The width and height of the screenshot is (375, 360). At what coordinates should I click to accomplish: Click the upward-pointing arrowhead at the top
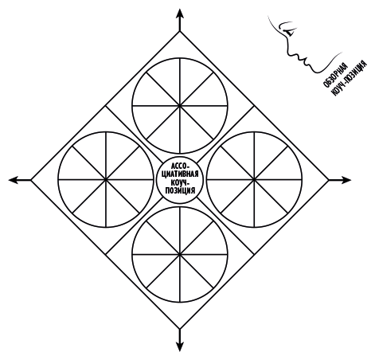pyautogui.click(x=180, y=14)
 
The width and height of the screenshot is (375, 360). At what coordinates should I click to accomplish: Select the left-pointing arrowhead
pyautogui.click(x=14, y=180)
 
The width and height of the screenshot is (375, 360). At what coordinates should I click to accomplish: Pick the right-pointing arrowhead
pyautogui.click(x=346, y=180)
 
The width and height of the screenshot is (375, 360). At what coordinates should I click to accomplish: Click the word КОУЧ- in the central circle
pyautogui.click(x=180, y=183)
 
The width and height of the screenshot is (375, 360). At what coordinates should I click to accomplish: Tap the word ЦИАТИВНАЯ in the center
pyautogui.click(x=180, y=174)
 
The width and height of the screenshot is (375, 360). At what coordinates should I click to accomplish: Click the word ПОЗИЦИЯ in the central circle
pyautogui.click(x=180, y=191)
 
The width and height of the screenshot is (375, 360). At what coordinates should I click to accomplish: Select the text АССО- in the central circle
pyautogui.click(x=180, y=166)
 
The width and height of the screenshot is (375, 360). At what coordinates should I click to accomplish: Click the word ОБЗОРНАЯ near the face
pyautogui.click(x=335, y=75)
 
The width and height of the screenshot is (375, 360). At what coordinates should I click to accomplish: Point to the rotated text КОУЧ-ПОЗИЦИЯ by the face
pyautogui.click(x=349, y=78)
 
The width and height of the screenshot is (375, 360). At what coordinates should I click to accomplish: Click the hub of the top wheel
pyautogui.click(x=180, y=106)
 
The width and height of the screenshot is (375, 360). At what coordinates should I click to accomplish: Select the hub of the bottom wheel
pyautogui.click(x=180, y=254)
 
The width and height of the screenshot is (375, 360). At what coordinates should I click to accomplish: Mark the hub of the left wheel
pyautogui.click(x=106, y=180)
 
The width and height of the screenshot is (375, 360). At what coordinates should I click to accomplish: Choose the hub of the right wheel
pyautogui.click(x=254, y=180)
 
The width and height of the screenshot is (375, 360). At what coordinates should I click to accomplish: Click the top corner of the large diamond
pyautogui.click(x=180, y=32)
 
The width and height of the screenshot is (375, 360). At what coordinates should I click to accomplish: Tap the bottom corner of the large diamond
pyautogui.click(x=180, y=329)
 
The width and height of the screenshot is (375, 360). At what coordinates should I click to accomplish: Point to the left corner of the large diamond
pyautogui.click(x=31, y=180)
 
